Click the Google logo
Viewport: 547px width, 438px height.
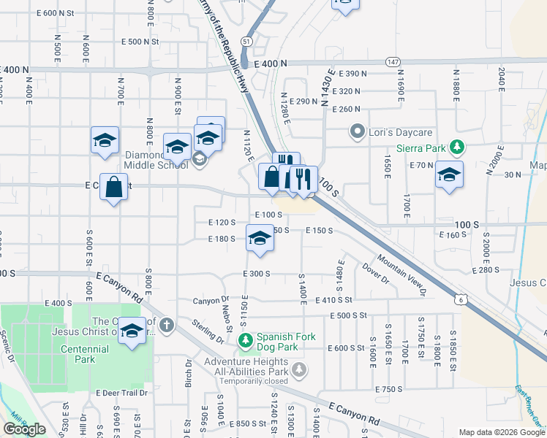24,429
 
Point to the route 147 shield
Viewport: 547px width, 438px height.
393,62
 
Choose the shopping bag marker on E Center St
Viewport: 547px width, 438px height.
113,188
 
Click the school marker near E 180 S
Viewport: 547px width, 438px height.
260,239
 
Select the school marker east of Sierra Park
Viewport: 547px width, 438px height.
449,176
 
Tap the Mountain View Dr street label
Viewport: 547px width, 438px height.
401,276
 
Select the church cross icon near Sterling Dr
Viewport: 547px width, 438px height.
167,325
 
